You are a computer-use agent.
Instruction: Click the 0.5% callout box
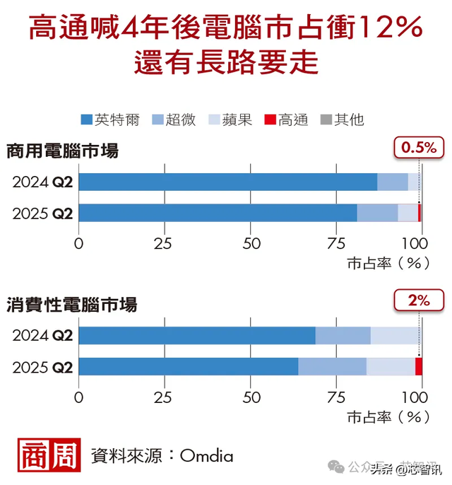coord(420,147)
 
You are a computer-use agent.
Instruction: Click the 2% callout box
coord(419,299)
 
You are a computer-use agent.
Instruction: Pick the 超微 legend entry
coord(174,119)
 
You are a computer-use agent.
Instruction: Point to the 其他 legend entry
coord(342,119)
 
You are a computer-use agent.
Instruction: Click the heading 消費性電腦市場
coord(71,305)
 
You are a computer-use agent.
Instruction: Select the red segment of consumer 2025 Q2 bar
coord(418,366)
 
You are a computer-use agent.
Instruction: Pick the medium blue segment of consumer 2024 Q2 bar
coord(343,335)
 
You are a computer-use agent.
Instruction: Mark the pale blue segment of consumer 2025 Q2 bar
coord(391,366)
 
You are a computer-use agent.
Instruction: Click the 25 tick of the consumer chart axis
coord(164,396)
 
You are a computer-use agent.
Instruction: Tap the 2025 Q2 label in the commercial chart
coord(42,213)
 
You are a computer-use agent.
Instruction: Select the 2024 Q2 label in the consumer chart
coord(42,335)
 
